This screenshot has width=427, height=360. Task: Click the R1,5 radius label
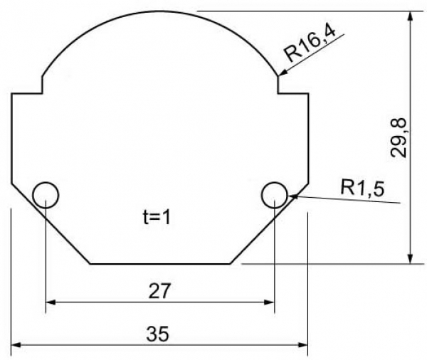point(362,188)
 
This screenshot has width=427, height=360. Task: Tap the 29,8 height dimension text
point(399,138)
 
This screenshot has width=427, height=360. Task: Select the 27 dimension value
point(159,290)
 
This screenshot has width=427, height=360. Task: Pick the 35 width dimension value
point(158,334)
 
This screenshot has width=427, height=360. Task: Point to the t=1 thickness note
point(157,217)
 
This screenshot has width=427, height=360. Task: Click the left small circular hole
point(46,182)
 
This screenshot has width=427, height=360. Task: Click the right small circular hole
point(274,182)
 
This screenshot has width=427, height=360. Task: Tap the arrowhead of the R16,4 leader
point(283,72)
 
